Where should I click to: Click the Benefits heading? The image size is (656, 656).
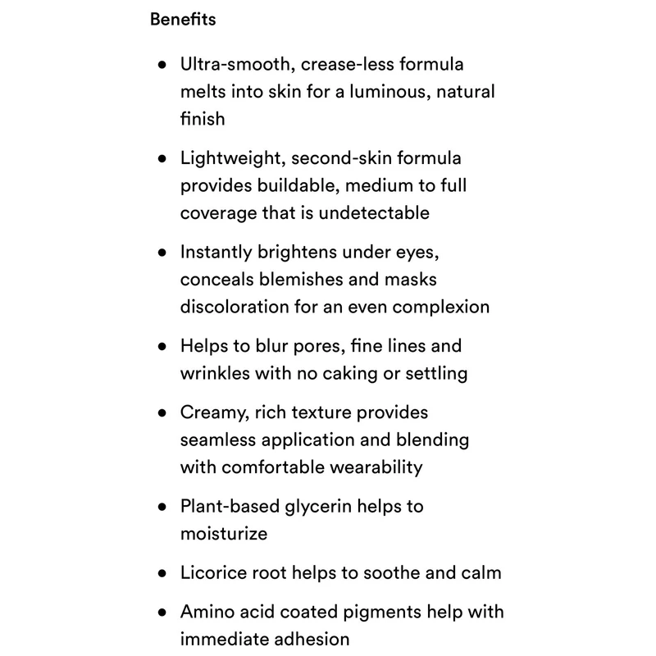[x=183, y=19]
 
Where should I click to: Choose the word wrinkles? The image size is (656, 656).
[x=214, y=373]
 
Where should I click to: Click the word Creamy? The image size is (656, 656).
[x=212, y=412]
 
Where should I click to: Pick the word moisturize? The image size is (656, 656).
[x=224, y=534]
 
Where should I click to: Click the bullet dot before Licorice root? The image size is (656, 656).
[x=162, y=573]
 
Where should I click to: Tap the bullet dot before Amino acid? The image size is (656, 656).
[x=162, y=612]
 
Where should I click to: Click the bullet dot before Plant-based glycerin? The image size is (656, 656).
[x=162, y=507]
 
